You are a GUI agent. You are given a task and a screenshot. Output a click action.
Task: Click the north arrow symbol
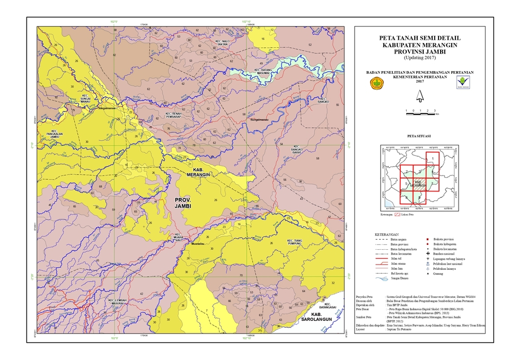pos(420,96)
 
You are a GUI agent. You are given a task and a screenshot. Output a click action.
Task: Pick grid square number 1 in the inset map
pos(433,159)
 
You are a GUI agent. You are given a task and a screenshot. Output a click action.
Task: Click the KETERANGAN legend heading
pos(387,233)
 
